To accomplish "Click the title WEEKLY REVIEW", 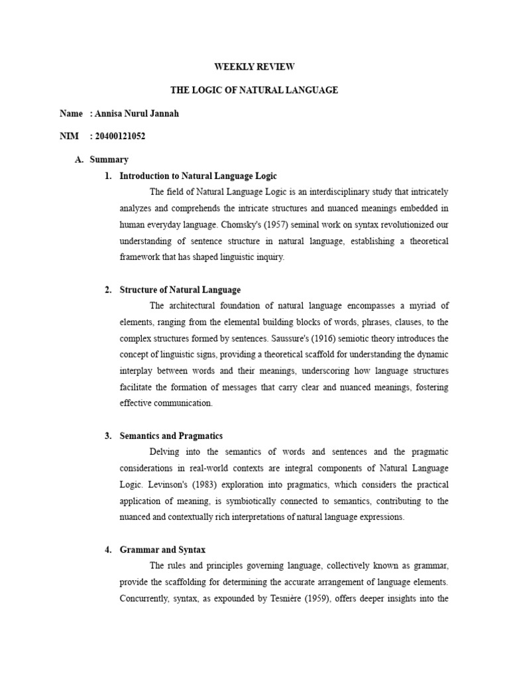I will click(x=254, y=67).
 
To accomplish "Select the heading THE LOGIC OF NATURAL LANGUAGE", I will click(x=254, y=90).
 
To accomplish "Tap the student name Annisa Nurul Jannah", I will click(x=137, y=113).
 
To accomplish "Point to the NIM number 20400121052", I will click(x=120, y=137).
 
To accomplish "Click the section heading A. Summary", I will click(x=109, y=160).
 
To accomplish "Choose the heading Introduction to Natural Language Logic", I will click(x=198, y=176).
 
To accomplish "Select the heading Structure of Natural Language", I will click(x=180, y=290).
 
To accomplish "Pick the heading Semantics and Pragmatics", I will click(x=171, y=436).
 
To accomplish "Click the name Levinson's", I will click(x=166, y=485).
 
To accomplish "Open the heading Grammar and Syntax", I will click(x=162, y=550).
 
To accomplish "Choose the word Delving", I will click(x=165, y=452).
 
